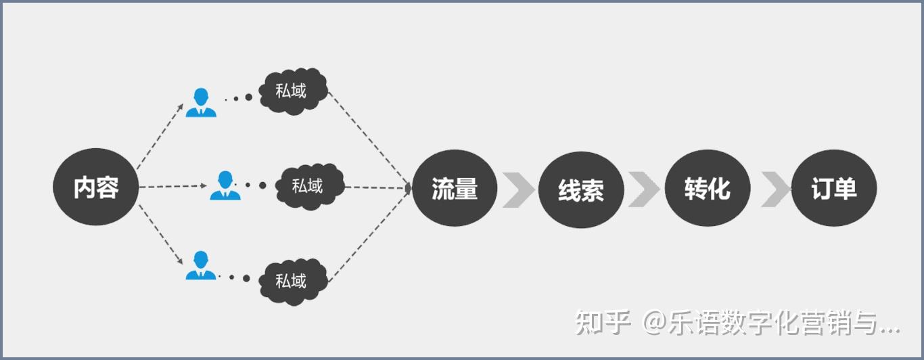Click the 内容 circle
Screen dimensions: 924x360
96,187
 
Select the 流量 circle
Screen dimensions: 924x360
455,188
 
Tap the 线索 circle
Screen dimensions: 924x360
581,189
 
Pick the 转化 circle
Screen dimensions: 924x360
708,189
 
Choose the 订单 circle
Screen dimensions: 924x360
834,189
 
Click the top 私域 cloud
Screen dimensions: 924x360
292,91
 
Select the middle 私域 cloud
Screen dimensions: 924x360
308,185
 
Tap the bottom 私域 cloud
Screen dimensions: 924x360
292,280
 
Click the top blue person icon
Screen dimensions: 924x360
201,102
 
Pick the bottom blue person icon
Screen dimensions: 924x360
201,265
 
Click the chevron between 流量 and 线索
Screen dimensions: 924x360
518,189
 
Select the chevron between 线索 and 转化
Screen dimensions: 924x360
644,189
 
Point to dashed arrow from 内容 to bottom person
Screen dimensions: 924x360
160,233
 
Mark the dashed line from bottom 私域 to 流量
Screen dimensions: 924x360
371,233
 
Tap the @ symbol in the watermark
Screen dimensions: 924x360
655,323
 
